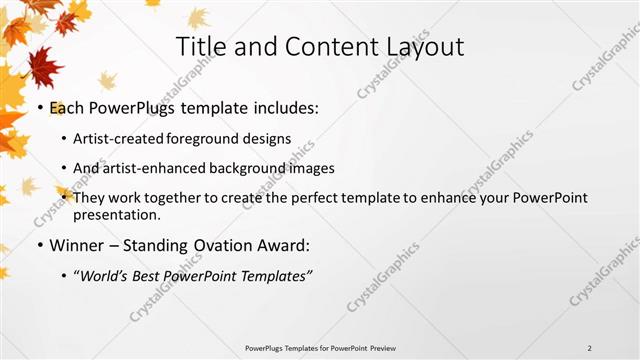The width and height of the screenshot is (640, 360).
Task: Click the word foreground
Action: point(203,139)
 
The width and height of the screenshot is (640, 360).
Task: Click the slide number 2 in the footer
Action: point(590,347)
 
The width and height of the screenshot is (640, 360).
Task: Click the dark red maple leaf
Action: point(42,68)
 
